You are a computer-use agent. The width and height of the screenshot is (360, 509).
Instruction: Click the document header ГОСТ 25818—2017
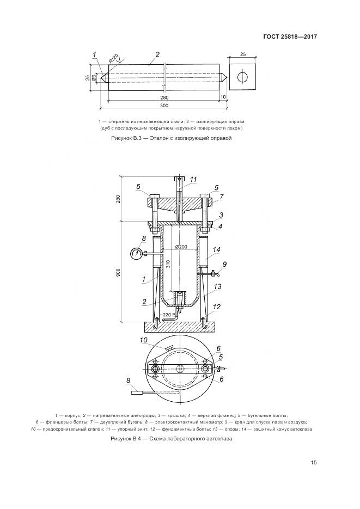[x=290, y=37]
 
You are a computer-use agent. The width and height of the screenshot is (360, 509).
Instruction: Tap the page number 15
[x=313, y=463]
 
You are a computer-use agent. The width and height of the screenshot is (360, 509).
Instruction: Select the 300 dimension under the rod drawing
[x=164, y=105]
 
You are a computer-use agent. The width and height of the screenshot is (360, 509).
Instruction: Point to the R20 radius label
[x=113, y=59]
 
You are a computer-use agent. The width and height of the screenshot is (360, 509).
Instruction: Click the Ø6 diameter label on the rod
[x=94, y=79]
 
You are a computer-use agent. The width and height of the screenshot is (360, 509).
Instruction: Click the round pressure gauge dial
[x=136, y=253]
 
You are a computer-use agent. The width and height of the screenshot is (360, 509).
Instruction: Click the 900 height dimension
[x=119, y=272]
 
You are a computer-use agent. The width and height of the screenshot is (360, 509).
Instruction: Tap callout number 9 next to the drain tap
[x=224, y=265]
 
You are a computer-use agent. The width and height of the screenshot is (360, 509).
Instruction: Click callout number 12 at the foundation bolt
[x=217, y=307]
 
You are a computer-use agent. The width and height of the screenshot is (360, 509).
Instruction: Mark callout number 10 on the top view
[x=143, y=341]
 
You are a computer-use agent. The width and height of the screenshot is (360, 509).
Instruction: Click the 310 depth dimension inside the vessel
[x=169, y=264]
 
